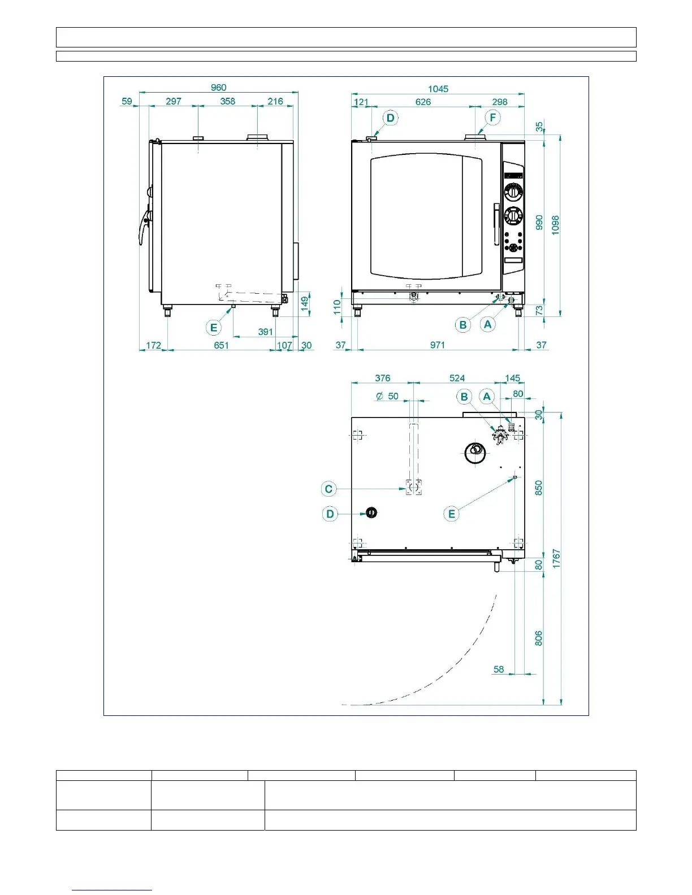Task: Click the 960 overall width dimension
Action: (x=218, y=88)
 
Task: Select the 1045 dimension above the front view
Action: (x=438, y=89)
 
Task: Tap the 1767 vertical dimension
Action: (x=556, y=558)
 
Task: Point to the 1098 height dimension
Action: (x=556, y=225)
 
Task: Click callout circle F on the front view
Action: (x=493, y=118)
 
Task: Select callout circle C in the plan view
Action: (x=328, y=489)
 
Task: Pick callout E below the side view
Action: (x=214, y=328)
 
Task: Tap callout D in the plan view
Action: (x=330, y=514)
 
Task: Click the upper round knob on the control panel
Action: (x=513, y=192)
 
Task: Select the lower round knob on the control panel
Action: (x=513, y=216)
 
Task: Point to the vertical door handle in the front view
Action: (x=496, y=224)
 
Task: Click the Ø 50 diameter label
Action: (x=387, y=396)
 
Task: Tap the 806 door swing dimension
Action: (x=539, y=638)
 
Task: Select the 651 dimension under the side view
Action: (x=221, y=345)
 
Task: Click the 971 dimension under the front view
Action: (x=437, y=345)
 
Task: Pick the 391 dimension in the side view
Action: (x=265, y=332)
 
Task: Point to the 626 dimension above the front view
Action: (x=423, y=102)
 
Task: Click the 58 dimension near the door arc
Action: (x=499, y=670)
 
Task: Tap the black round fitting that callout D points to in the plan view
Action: (x=371, y=513)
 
